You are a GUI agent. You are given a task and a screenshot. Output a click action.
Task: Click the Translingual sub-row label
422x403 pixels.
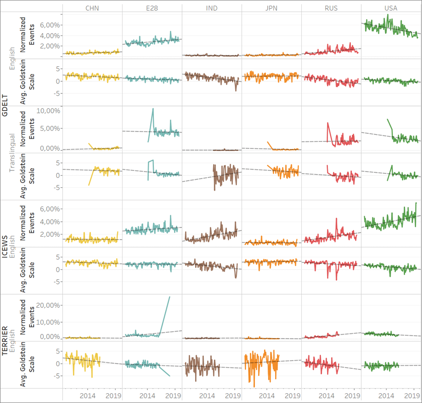coord(14,153)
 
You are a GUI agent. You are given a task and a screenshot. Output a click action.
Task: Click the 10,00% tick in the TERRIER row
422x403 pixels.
coord(49,322)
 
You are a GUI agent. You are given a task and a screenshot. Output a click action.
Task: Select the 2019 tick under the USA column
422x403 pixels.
coord(412,396)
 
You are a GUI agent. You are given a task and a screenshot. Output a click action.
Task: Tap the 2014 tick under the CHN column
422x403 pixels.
coord(87,396)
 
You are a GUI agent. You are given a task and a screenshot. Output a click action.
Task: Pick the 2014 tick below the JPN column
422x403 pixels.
coord(267,396)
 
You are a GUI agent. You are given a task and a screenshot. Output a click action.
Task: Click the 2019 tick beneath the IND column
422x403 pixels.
coord(232,396)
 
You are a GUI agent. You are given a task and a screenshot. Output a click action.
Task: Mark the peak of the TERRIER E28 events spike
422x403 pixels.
coord(169,297)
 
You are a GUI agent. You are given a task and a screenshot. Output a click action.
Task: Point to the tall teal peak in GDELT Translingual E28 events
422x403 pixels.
coord(153,109)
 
